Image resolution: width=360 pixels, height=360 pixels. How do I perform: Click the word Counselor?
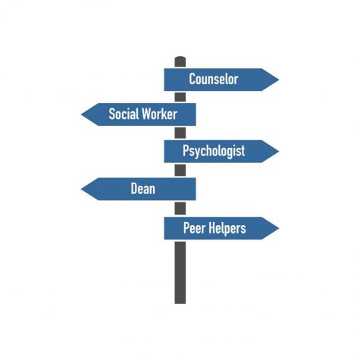point(214,79)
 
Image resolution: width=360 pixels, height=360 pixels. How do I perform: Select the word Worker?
point(159,114)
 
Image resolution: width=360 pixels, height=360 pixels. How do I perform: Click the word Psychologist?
point(214,152)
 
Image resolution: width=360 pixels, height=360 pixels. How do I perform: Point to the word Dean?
point(142,189)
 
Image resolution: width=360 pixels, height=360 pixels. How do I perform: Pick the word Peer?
point(194,228)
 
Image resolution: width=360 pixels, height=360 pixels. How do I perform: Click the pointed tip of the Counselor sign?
point(279,80)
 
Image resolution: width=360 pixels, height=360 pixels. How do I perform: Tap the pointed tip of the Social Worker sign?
point(81,114)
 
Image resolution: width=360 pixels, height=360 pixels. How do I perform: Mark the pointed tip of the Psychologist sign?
point(279,152)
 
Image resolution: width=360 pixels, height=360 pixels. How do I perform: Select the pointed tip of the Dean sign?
point(81,189)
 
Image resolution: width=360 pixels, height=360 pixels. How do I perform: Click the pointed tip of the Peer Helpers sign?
point(279,228)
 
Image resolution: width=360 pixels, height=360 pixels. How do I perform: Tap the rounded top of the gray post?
point(180,57)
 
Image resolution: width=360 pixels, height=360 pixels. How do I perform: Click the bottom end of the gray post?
point(180,303)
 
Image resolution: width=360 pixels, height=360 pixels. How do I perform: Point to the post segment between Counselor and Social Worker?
point(180,97)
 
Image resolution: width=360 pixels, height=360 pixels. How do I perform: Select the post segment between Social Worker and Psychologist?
point(180,133)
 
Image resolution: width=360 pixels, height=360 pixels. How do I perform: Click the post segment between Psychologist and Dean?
point(180,171)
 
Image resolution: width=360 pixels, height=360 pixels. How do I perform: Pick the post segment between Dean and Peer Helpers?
point(180,208)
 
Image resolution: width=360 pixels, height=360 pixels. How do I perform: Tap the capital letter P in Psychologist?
point(186,150)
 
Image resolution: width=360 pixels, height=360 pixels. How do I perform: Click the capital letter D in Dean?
point(134,189)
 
